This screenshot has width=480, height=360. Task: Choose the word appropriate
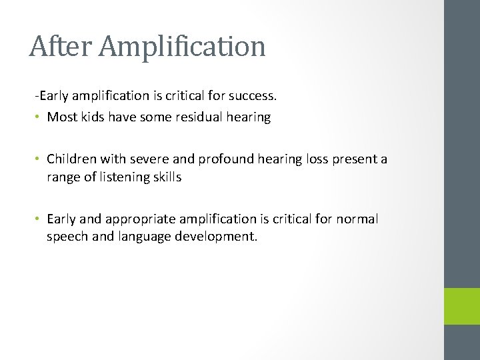pyautogui.click(x=140, y=219)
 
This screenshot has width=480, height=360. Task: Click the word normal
pyautogui.click(x=358, y=219)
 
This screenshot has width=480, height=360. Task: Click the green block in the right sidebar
pyautogui.click(x=462, y=306)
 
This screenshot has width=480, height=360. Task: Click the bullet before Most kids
pyautogui.click(x=39, y=118)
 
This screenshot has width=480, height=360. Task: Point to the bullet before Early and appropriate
pyautogui.click(x=39, y=219)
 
